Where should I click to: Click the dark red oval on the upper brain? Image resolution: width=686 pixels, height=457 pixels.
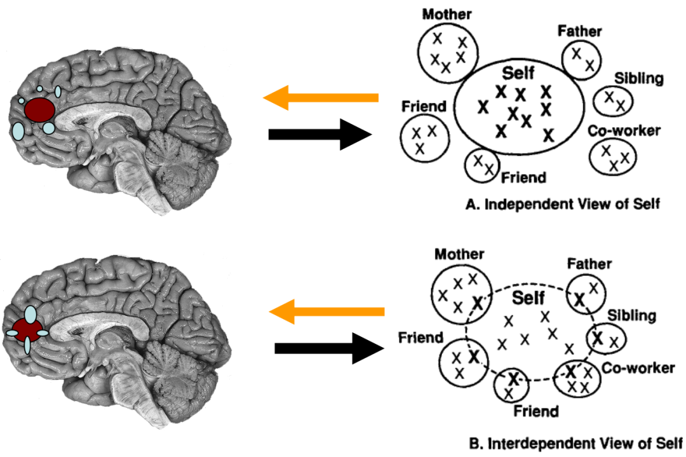tap(39, 109)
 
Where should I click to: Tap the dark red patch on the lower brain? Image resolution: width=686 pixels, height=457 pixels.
tap(27, 330)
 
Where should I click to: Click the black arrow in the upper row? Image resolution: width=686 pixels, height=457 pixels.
tap(319, 134)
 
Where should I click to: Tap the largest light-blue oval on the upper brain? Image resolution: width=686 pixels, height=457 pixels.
tap(19, 130)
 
